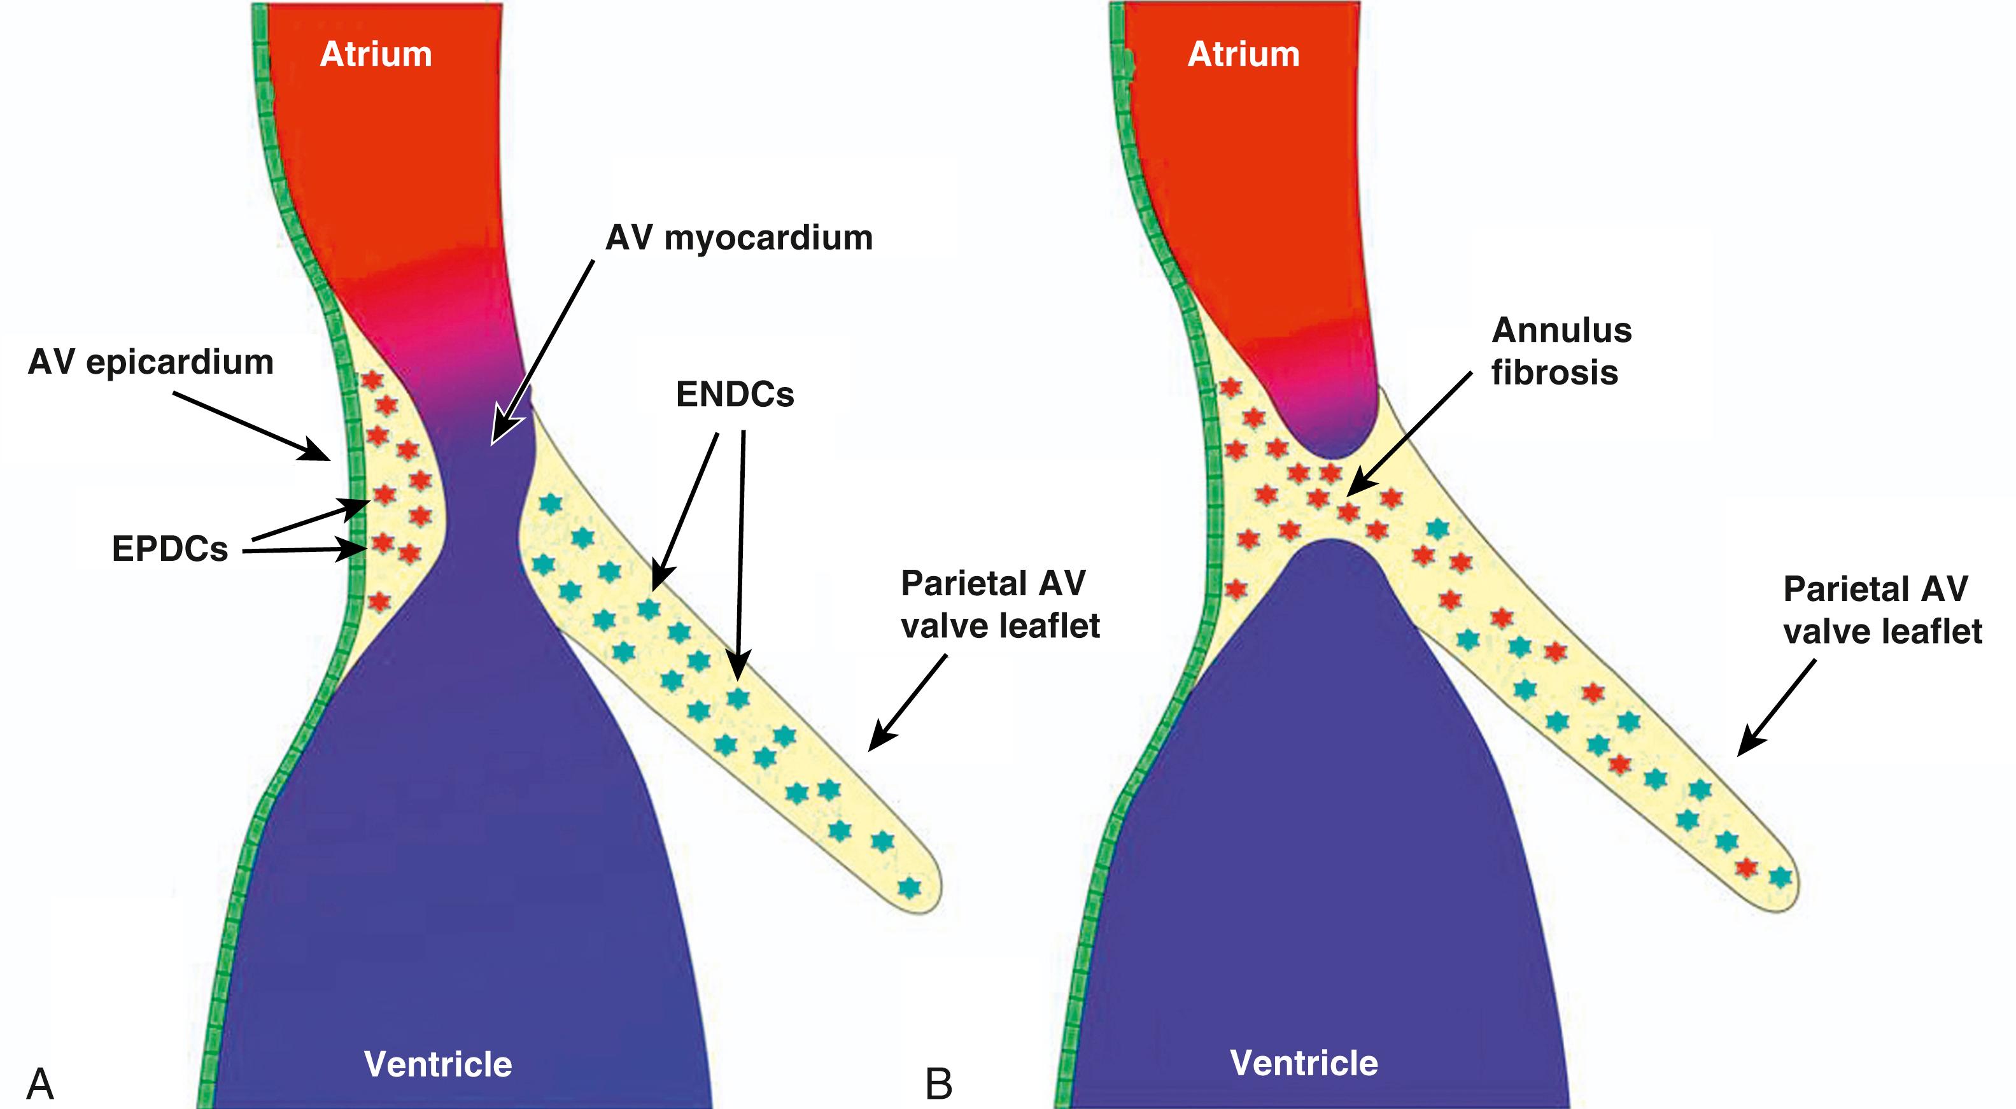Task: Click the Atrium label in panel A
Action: (x=376, y=55)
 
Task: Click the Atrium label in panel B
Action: (x=1244, y=55)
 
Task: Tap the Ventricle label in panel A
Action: (x=437, y=1064)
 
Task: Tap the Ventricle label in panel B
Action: (x=1304, y=1063)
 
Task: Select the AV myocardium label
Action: (x=739, y=237)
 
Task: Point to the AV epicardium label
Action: (x=150, y=362)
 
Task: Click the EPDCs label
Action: (x=170, y=549)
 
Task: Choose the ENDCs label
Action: (x=735, y=395)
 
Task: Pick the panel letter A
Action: (x=40, y=1085)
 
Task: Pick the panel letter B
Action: (x=938, y=1085)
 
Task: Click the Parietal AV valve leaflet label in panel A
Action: (x=999, y=604)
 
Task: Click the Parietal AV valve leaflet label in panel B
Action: (x=1882, y=610)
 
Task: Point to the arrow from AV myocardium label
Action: (x=542, y=352)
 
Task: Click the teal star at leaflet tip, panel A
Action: (x=908, y=887)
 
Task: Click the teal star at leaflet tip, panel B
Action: (x=1780, y=877)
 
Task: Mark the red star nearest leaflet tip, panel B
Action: (x=1746, y=867)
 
